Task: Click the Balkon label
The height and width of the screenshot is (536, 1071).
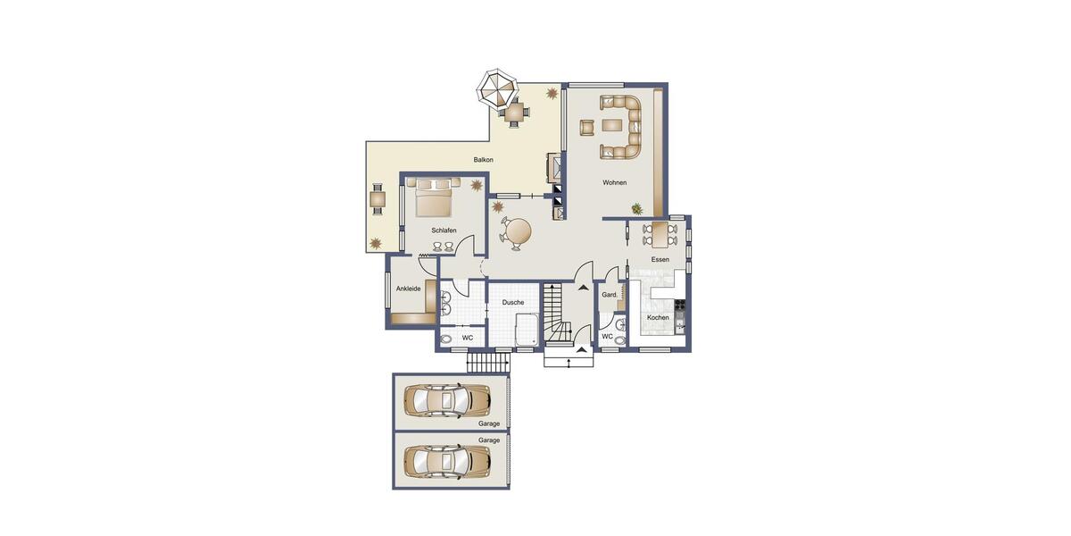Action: point(484,160)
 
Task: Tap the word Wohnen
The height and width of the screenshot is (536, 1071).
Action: point(614,182)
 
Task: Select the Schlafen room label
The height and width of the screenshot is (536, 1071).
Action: point(444,230)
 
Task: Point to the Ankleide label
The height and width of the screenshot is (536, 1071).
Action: point(408,289)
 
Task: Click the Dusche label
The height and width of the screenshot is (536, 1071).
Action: point(513,303)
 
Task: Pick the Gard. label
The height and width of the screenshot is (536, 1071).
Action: point(610,295)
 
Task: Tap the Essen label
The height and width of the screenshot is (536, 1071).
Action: point(660,259)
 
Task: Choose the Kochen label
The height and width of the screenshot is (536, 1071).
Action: point(658,317)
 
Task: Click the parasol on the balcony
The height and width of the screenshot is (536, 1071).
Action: point(496,88)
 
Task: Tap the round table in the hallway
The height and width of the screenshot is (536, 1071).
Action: point(517,230)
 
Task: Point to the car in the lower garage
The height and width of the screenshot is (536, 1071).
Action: point(446,461)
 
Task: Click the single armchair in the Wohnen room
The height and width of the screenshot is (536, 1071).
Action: point(587,127)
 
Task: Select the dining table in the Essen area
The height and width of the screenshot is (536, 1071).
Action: point(660,234)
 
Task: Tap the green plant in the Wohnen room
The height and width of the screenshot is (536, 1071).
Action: point(636,209)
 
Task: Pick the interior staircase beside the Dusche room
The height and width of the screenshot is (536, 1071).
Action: point(560,314)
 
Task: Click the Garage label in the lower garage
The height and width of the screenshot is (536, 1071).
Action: point(488,440)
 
